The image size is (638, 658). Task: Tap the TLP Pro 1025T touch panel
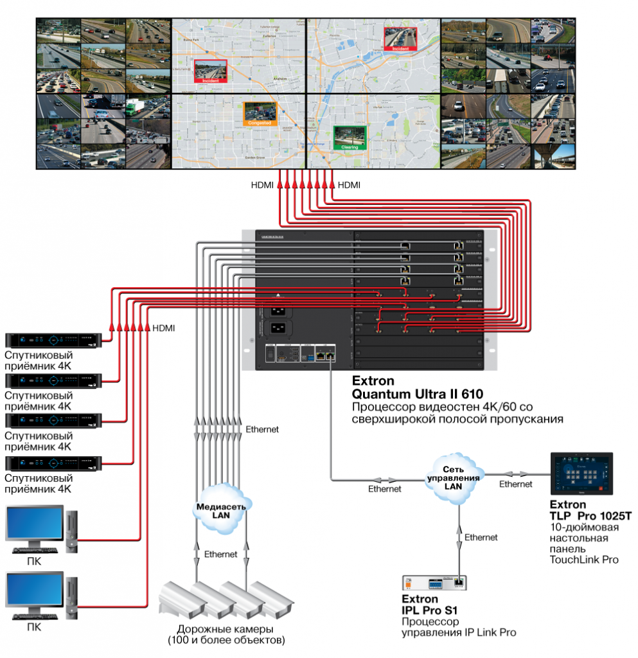pyautogui.click(x=582, y=473)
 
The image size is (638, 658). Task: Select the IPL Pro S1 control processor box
pyautogui.click(x=434, y=583)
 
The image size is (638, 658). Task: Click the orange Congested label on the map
pyautogui.click(x=260, y=122)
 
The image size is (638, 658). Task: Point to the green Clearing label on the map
pyautogui.click(x=350, y=147)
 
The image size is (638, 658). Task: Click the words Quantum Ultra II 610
pyautogui.click(x=417, y=393)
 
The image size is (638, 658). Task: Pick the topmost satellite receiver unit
pyautogui.click(x=54, y=340)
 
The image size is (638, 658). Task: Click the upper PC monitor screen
pyautogui.click(x=35, y=525)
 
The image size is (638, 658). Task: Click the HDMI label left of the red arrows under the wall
pyautogui.click(x=262, y=186)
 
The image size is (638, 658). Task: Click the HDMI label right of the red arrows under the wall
pyautogui.click(x=349, y=186)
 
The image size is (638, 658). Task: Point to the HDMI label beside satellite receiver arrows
pyautogui.click(x=164, y=328)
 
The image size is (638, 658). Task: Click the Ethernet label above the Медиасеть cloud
pyautogui.click(x=262, y=429)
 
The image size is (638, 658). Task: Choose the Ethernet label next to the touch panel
pyautogui.click(x=515, y=484)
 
